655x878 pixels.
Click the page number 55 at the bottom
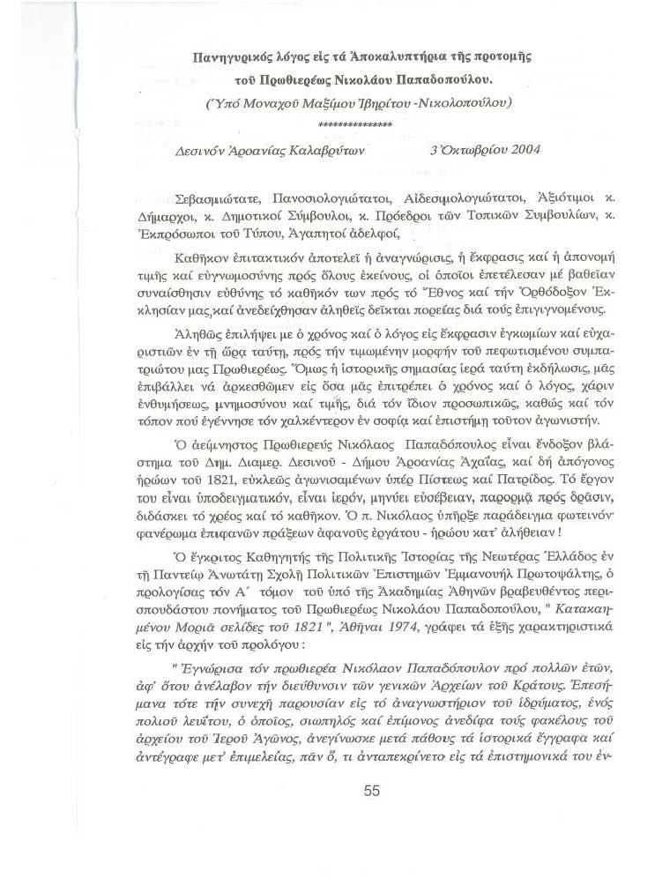click(x=372, y=790)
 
